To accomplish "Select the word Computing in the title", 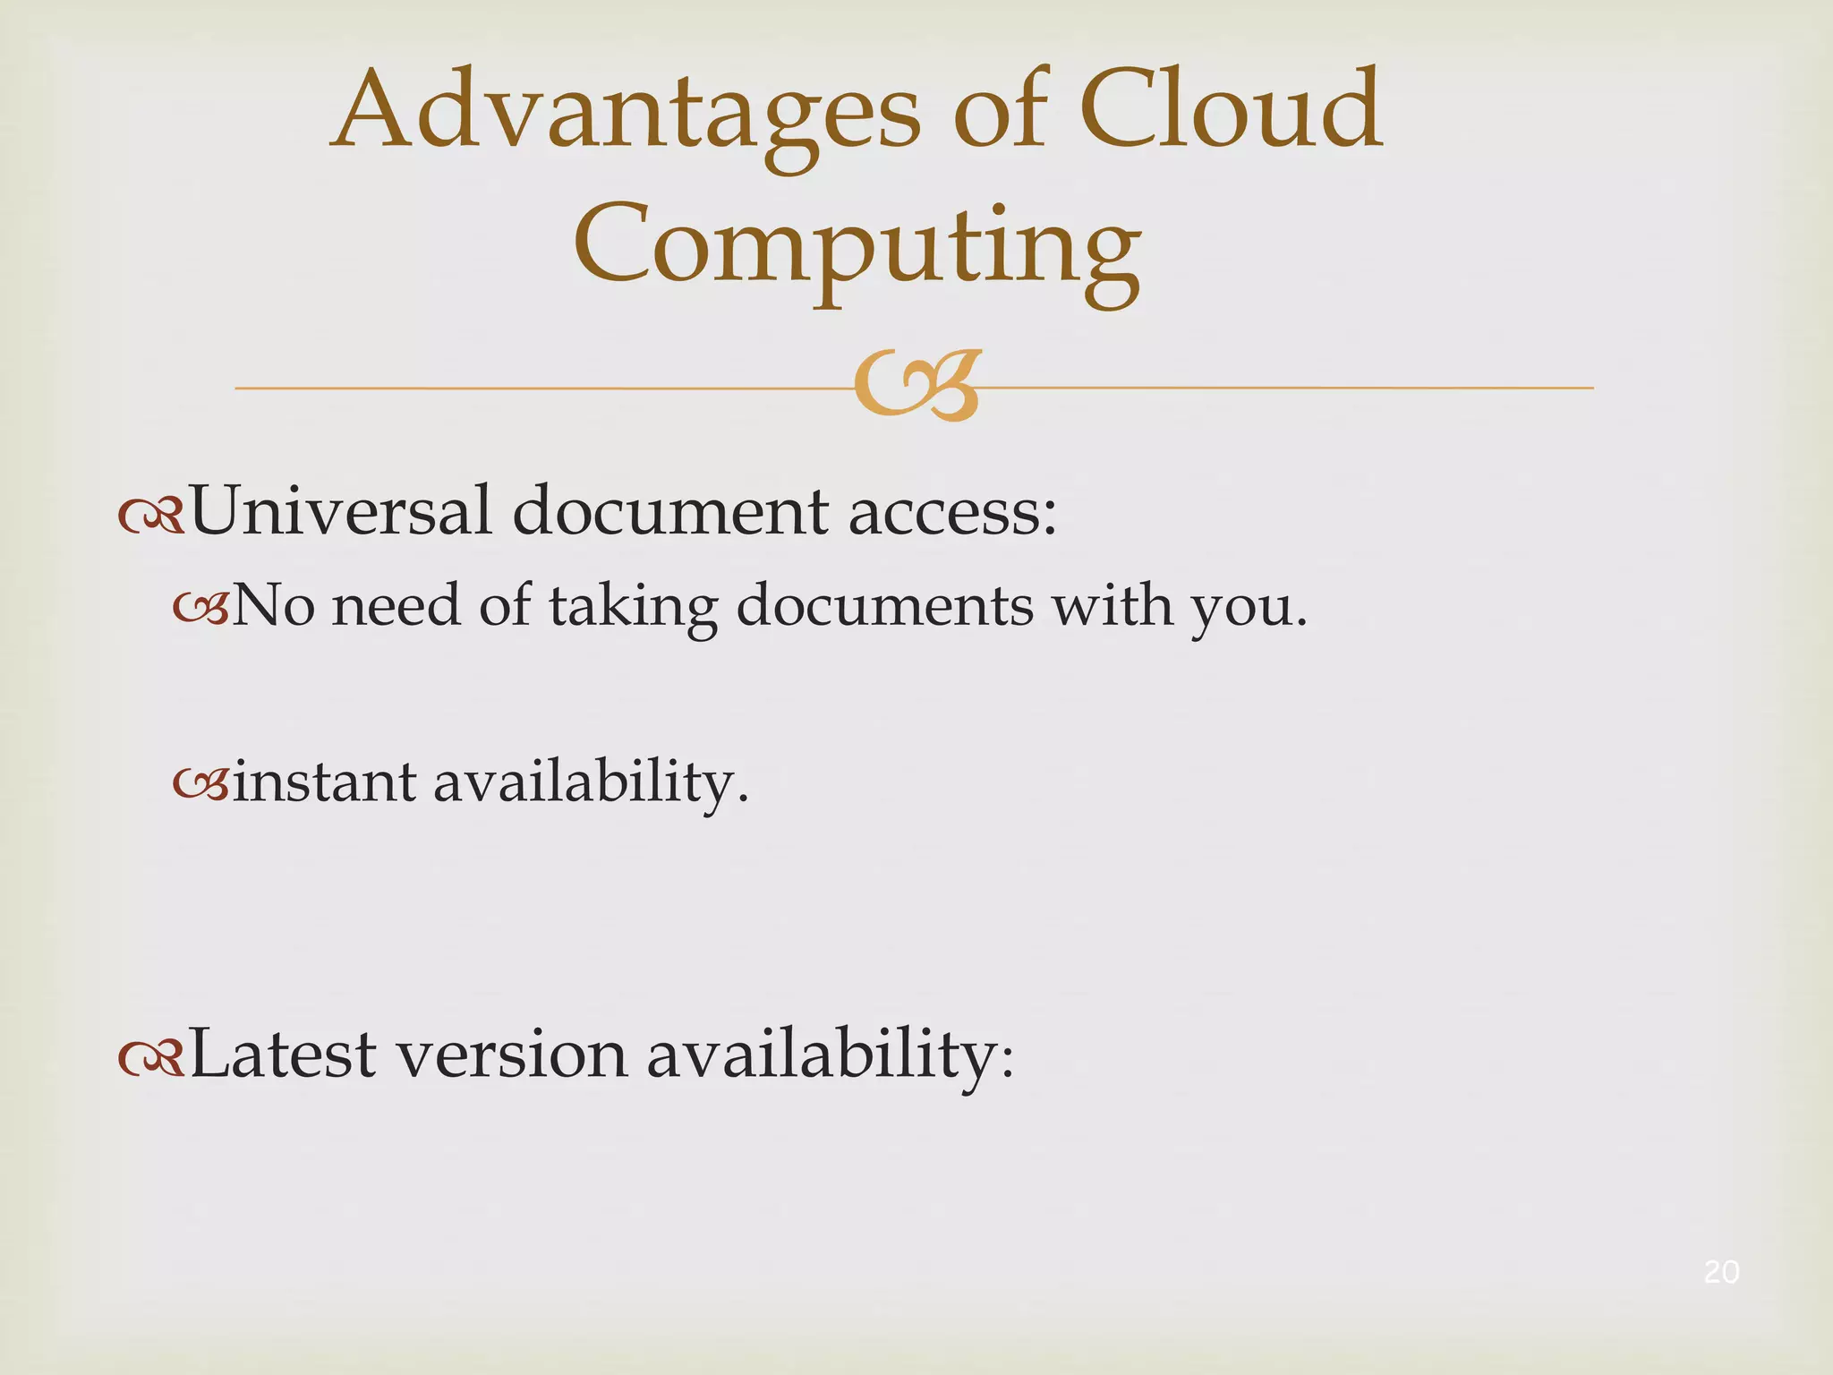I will pyautogui.click(x=857, y=246).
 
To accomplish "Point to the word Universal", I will pyautogui.click(x=341, y=511).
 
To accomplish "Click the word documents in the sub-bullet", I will pyautogui.click(x=884, y=606).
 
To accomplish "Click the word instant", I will pyautogui.click(x=324, y=781).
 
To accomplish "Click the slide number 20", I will pyautogui.click(x=1721, y=1272).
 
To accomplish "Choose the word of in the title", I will pyautogui.click(x=1000, y=112).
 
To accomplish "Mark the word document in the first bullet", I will pyautogui.click(x=670, y=511).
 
